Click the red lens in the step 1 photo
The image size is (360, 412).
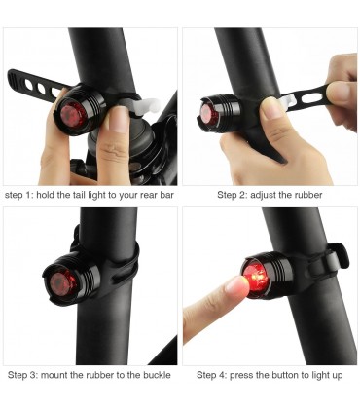pos(74,116)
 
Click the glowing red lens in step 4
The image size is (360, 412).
pos(255,280)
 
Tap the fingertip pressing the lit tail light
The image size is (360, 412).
pos(239,284)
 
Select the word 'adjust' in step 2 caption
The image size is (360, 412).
pos(263,195)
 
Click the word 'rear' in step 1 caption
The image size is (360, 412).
pos(149,195)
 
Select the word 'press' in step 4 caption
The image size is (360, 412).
pos(241,376)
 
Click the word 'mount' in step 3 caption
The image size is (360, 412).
pos(55,375)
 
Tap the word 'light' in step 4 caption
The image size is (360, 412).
pos(320,376)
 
